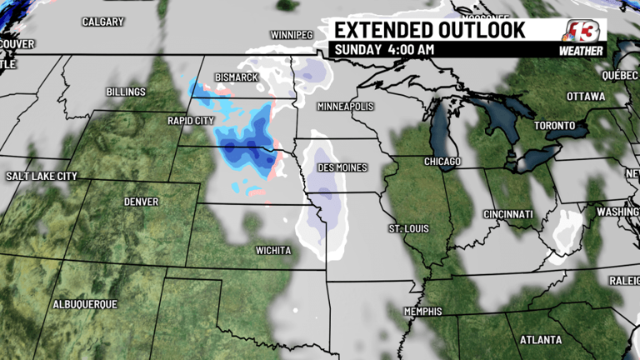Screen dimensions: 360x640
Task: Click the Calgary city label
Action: click(102, 22)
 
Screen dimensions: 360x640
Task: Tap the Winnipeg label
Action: click(291, 35)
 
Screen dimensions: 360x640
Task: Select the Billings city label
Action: click(126, 92)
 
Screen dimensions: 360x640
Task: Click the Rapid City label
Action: click(191, 121)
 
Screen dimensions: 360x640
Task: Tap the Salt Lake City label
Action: click(42, 177)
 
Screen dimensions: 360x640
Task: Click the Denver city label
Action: click(141, 202)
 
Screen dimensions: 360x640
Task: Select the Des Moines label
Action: click(342, 167)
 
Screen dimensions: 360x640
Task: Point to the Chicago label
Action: click(442, 161)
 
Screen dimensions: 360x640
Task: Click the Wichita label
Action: click(274, 250)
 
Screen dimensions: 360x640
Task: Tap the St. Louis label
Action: click(407, 228)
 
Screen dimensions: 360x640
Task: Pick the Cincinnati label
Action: click(508, 215)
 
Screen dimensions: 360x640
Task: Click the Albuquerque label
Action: click(85, 304)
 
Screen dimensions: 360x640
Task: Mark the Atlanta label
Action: click(540, 340)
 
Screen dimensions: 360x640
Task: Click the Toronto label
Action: click(554, 126)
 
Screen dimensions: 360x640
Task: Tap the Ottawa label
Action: click(585, 97)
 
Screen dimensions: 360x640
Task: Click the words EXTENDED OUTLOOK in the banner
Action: click(430, 30)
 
